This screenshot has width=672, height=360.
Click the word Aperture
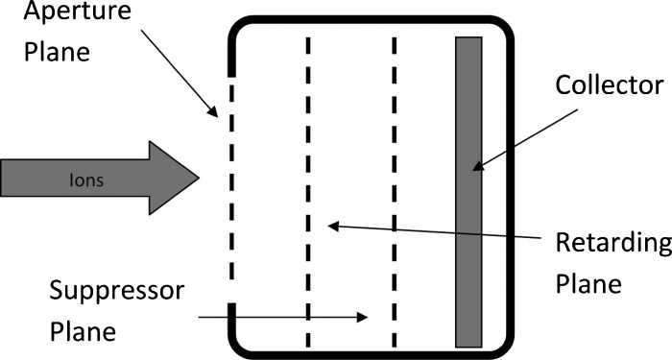(x=51, y=14)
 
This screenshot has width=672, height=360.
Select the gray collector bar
(x=468, y=191)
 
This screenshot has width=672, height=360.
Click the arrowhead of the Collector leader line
(x=476, y=169)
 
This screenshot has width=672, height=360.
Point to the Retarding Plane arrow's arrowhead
(x=332, y=226)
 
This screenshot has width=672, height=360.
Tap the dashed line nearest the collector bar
(x=395, y=192)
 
